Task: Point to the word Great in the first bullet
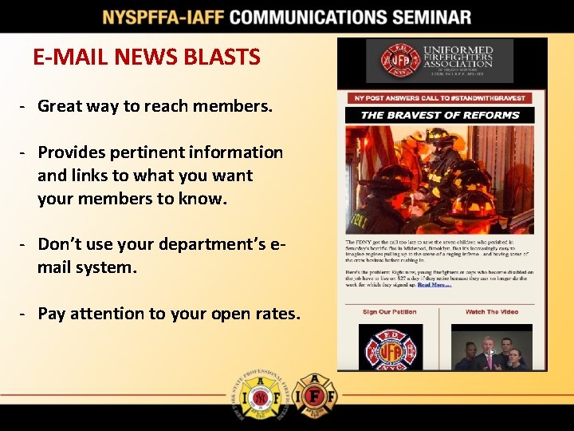coord(61,106)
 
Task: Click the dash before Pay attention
coord(26,314)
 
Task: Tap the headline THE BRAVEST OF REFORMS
coord(439,115)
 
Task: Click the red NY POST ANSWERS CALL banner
coord(439,98)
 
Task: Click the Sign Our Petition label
coord(389,312)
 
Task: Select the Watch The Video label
coord(491,312)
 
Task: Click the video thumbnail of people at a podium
coord(491,349)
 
